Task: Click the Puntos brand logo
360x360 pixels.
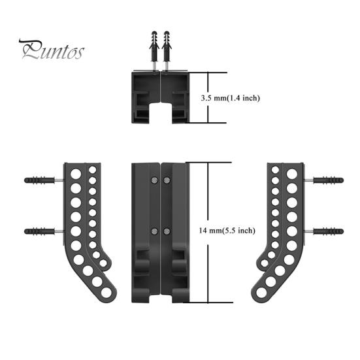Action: (x=52, y=50)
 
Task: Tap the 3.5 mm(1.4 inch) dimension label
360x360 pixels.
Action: (x=230, y=98)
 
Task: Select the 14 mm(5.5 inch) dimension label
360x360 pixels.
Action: (x=227, y=230)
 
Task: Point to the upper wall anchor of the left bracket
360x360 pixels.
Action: (x=39, y=180)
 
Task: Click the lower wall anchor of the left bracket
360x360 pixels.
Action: (x=39, y=231)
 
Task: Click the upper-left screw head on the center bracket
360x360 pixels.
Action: (x=154, y=180)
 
